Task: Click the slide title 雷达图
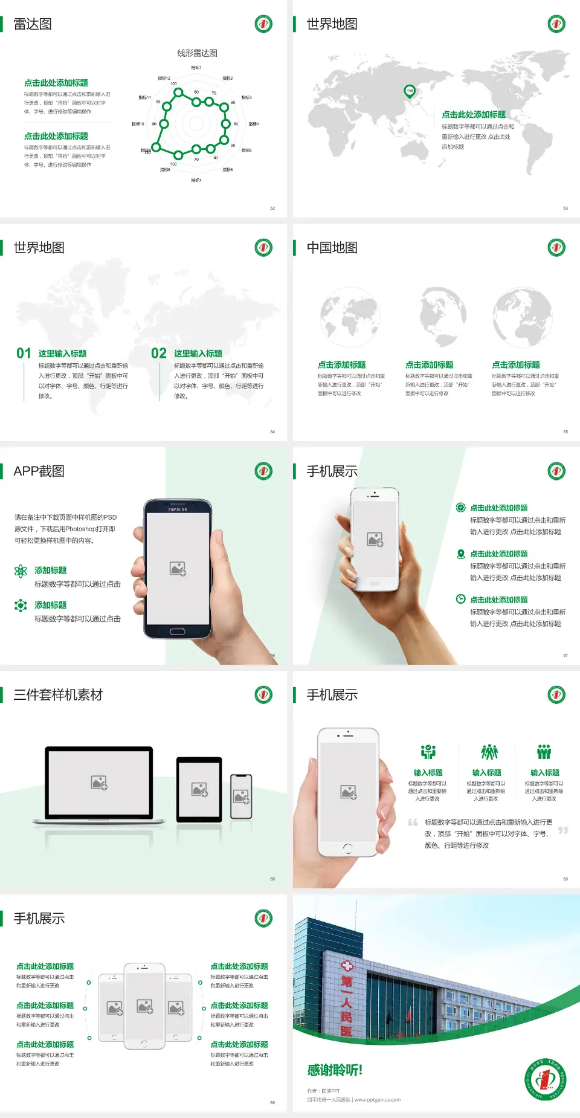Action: pyautogui.click(x=33, y=24)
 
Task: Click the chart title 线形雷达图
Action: pyautogui.click(x=197, y=53)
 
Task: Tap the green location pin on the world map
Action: pyautogui.click(x=409, y=91)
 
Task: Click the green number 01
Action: pyautogui.click(x=24, y=354)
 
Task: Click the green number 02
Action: pyautogui.click(x=159, y=354)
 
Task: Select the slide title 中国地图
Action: pyautogui.click(x=332, y=248)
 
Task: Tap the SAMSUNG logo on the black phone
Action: pyautogui.click(x=178, y=509)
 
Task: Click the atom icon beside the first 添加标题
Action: pyautogui.click(x=21, y=571)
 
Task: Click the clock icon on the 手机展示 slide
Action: pyautogui.click(x=460, y=599)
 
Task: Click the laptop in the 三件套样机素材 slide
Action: pyautogui.click(x=99, y=784)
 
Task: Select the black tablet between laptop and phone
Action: pyautogui.click(x=199, y=789)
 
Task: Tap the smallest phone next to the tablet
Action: pyautogui.click(x=241, y=796)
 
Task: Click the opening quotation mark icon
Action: pyautogui.click(x=413, y=822)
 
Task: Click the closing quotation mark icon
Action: pyautogui.click(x=563, y=830)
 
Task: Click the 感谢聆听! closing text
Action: pyautogui.click(x=335, y=1070)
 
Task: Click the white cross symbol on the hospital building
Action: pyautogui.click(x=347, y=966)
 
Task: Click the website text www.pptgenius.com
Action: pyautogui.click(x=377, y=1100)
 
